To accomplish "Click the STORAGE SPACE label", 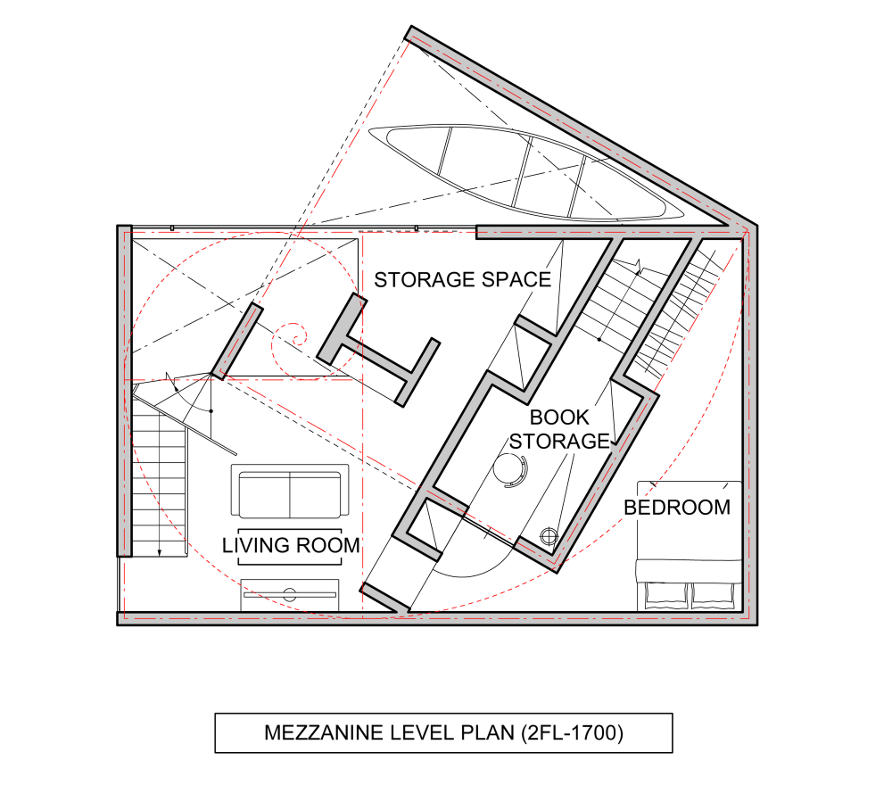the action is coord(462,280).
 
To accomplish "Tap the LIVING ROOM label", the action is coord(291,545).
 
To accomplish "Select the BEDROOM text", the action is coord(677,508).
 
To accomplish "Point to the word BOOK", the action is coord(559,418).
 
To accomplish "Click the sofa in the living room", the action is coord(290,491).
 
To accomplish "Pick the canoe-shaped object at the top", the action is coord(525,172).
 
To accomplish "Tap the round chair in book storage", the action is coord(510,469).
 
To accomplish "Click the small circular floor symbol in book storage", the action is coord(549,536).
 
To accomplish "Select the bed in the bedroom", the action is coord(689,546).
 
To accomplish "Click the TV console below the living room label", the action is coord(290,595).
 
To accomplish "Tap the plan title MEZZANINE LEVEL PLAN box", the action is coord(443,732).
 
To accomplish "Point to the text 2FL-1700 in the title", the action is coord(572,732).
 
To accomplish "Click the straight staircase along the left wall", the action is coord(160,484).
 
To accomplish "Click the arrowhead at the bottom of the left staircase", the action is coord(160,551).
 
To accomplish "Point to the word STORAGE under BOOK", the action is coord(559,442).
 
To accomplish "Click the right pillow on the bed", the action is coord(713,596).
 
